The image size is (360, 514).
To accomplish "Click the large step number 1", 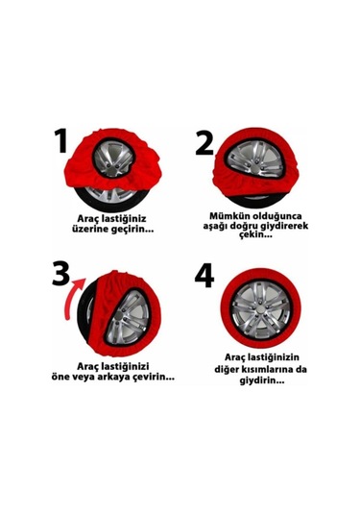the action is [61, 141].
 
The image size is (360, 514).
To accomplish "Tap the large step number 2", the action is [204, 143].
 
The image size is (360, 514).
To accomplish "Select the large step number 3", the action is [60, 273].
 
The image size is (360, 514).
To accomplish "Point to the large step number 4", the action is [204, 276].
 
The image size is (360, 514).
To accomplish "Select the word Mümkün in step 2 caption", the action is [227, 216].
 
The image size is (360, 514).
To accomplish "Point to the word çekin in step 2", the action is [255, 235].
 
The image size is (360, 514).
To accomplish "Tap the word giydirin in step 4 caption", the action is [262, 380].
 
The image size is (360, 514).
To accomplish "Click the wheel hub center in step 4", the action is [260, 310].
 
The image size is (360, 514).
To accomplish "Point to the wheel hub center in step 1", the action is [113, 160].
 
